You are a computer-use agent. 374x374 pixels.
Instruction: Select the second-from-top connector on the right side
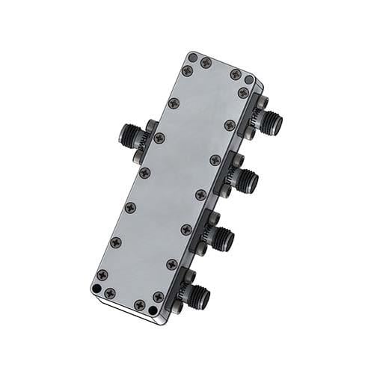(246, 180)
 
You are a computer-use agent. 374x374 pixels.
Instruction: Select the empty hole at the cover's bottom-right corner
(158, 309)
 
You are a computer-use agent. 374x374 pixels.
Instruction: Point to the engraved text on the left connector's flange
(142, 142)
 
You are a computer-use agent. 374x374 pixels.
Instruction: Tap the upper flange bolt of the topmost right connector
(263, 100)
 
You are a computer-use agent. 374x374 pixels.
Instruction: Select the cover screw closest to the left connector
(159, 138)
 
